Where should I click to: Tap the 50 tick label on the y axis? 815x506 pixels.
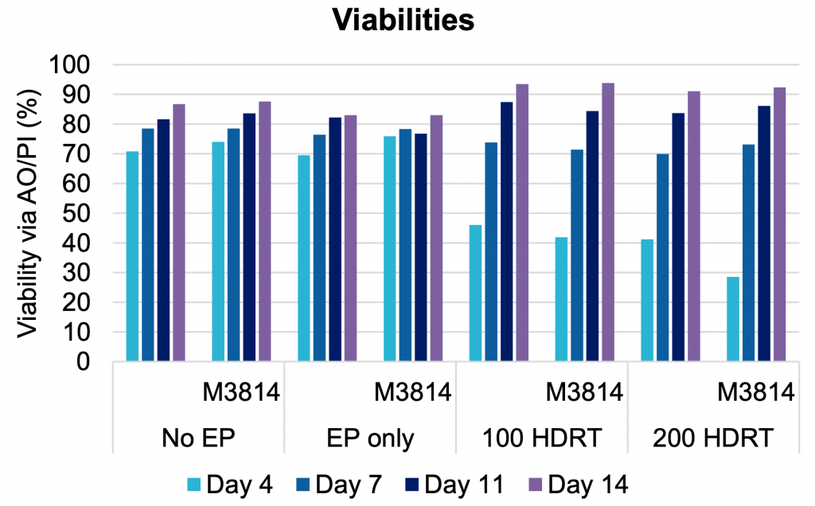tap(82, 214)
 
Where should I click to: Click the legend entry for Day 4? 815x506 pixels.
tap(231, 483)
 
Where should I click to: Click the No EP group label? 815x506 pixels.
tap(197, 438)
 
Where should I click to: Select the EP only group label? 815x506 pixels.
tap(371, 438)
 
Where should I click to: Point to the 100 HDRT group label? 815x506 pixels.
tap(542, 438)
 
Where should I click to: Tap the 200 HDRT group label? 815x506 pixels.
tap(714, 438)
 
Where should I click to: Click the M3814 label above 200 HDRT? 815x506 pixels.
tap(755, 392)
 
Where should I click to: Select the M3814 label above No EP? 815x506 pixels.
tap(240, 392)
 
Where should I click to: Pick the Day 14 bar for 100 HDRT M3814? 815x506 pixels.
tap(608, 223)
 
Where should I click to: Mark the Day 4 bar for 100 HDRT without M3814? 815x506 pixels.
tap(475, 294)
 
